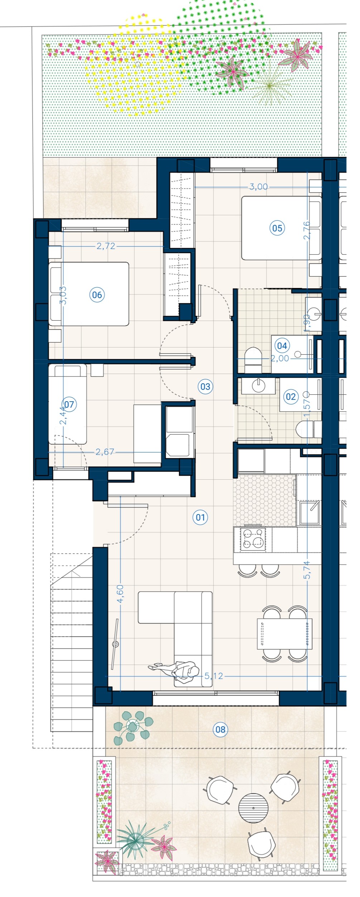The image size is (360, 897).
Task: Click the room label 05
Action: (277, 228)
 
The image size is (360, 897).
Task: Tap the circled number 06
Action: (97, 295)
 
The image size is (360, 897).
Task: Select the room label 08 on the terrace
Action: (220, 729)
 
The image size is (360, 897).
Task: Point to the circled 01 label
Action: (200, 517)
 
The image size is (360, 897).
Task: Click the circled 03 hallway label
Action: (205, 387)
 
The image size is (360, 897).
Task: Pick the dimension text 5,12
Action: (214, 676)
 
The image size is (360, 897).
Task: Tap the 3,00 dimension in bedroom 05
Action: (259, 187)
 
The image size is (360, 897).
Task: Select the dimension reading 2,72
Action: (106, 246)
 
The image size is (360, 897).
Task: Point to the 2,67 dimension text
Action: (105, 452)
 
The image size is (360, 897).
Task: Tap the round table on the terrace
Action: (253, 808)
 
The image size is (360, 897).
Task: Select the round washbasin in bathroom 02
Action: (258, 385)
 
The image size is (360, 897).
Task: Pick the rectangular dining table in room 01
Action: (284, 634)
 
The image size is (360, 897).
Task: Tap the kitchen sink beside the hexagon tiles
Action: (309, 512)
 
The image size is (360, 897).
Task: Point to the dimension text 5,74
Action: (307, 570)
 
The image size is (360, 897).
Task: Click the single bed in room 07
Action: (68, 404)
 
